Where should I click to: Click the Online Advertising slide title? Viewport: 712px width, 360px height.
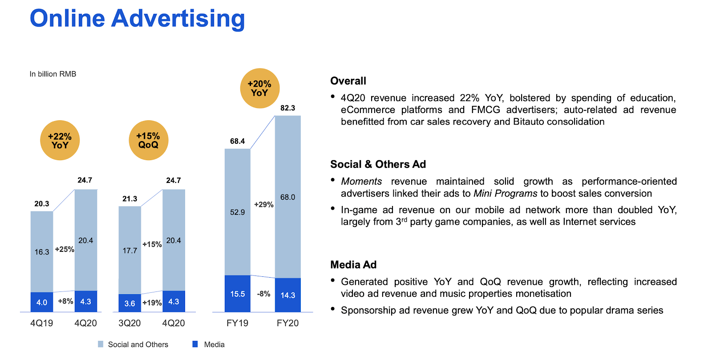[137, 19]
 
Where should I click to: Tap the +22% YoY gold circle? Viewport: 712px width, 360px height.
[60, 141]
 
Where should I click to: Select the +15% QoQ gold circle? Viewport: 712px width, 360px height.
[148, 141]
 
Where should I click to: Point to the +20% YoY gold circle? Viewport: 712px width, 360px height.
[259, 88]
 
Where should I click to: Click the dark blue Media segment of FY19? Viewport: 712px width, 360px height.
[237, 294]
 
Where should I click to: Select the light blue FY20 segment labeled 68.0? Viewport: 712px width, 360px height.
[287, 197]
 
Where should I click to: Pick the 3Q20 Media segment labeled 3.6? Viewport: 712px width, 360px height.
[129, 303]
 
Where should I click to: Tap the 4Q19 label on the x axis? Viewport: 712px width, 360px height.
[41, 323]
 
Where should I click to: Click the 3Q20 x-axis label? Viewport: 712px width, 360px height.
[129, 323]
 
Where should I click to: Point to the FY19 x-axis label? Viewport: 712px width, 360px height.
[237, 323]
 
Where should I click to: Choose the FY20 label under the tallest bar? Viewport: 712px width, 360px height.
[287, 323]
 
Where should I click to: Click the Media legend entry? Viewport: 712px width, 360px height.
[209, 344]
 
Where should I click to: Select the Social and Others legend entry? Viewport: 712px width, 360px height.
[133, 344]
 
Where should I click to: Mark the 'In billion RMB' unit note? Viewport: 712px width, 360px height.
[53, 74]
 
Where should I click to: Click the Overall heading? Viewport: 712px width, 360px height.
[348, 81]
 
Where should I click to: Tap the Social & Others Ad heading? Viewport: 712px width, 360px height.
[378, 164]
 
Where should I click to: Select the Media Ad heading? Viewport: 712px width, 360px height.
[353, 265]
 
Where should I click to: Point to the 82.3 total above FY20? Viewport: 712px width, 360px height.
[287, 108]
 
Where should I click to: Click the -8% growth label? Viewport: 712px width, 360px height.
[263, 294]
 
